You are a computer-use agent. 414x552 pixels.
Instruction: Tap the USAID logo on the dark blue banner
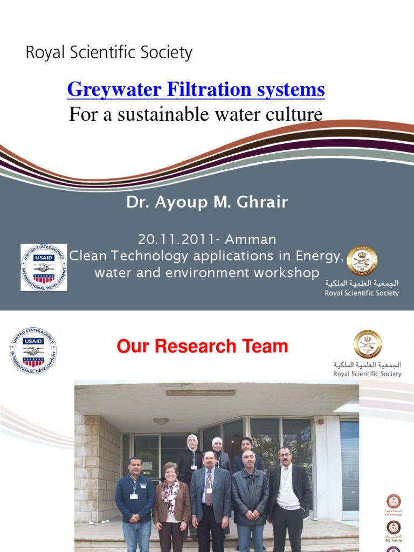[x=44, y=267]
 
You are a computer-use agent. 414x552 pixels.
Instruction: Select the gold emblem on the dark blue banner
[x=362, y=261]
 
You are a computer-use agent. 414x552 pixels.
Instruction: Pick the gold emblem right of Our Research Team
[x=368, y=344]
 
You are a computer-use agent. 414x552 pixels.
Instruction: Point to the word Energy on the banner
[x=321, y=256]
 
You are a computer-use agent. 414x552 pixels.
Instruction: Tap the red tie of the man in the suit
[x=209, y=488]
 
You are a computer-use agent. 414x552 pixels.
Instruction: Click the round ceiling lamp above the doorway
[x=161, y=420]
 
